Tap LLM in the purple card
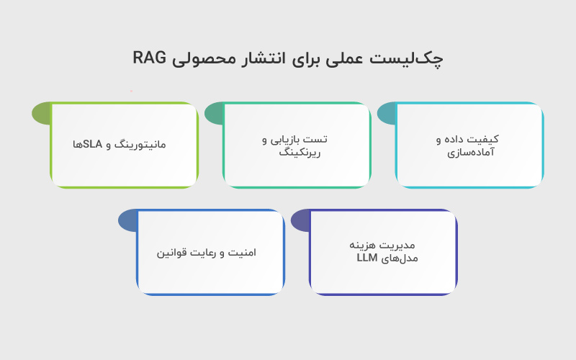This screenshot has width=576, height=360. pyautogui.click(x=367, y=258)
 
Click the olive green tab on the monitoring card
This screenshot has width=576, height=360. pyautogui.click(x=41, y=113)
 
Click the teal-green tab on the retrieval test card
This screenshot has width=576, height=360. pyautogui.click(x=214, y=113)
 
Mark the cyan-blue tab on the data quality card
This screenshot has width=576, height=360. pyautogui.click(x=386, y=113)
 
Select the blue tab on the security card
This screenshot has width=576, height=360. pyautogui.click(x=127, y=220)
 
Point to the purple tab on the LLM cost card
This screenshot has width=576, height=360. pyautogui.click(x=300, y=220)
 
